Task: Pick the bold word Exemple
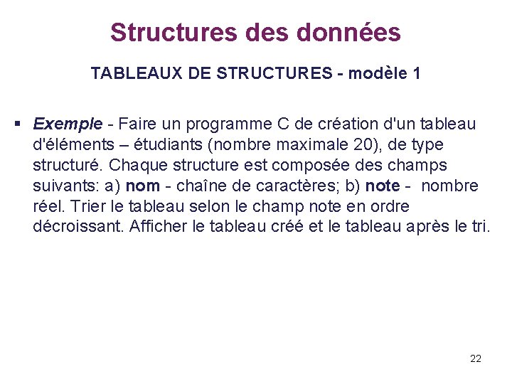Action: tap(68, 124)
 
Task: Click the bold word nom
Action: tap(142, 186)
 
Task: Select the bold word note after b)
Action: tap(382, 186)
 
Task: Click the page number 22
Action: tap(476, 358)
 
